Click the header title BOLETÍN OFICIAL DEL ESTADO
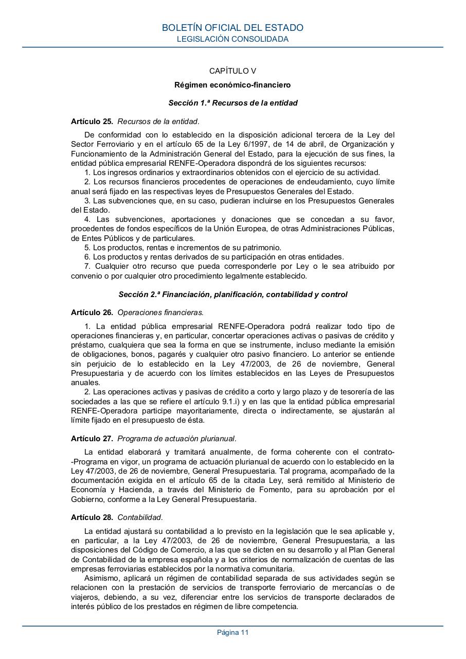[x=232, y=28]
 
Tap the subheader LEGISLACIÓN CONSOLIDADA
[x=232, y=39]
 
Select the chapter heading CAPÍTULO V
[x=232, y=71]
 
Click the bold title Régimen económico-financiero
[x=232, y=84]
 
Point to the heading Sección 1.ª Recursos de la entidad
[x=232, y=103]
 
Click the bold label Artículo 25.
[x=92, y=122]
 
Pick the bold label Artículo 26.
[x=92, y=312]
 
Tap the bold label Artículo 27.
[x=92, y=439]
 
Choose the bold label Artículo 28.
[x=92, y=517]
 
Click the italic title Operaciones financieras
[x=160, y=312]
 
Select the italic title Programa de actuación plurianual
[x=177, y=439]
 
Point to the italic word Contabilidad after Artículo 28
[x=140, y=517]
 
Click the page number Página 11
[x=232, y=633]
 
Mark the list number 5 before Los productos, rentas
[x=87, y=248]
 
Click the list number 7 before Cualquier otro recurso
[x=88, y=266]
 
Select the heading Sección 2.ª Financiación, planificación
[x=232, y=294]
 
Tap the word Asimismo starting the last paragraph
[x=101, y=579]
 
